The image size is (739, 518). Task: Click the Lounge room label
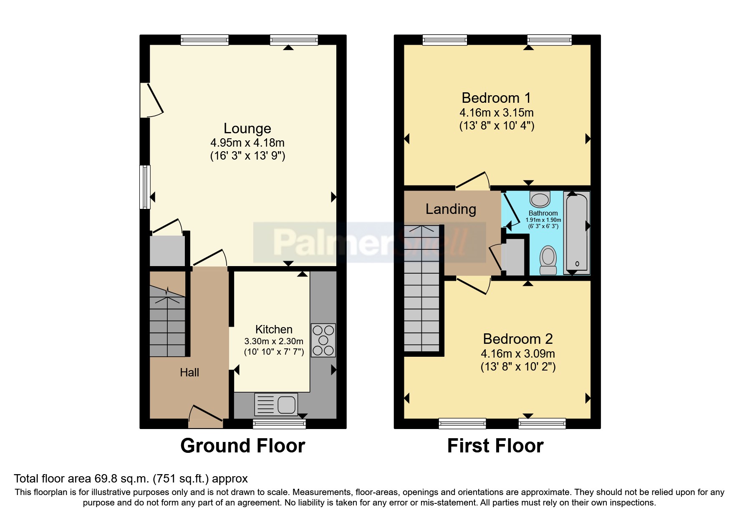(x=247, y=129)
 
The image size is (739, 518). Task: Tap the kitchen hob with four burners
(x=323, y=340)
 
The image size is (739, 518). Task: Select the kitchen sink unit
(x=276, y=404)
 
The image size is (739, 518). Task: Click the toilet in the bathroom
(x=548, y=260)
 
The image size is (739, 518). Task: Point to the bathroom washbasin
(x=540, y=199)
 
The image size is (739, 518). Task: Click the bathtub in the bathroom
(x=577, y=233)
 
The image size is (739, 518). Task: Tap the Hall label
(x=189, y=372)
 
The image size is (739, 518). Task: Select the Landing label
(x=451, y=209)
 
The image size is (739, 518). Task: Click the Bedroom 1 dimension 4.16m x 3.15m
(x=496, y=113)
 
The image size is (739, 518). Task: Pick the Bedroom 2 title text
(x=517, y=339)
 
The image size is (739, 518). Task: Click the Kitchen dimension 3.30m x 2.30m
(x=274, y=341)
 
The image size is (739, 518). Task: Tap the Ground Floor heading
(x=242, y=446)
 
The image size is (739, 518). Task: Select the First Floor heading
(x=495, y=446)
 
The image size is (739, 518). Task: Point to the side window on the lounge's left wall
(x=145, y=187)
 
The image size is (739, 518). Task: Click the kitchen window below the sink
(x=279, y=424)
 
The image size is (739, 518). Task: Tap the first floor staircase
(x=421, y=288)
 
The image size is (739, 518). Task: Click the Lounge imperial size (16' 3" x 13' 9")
(x=247, y=156)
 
